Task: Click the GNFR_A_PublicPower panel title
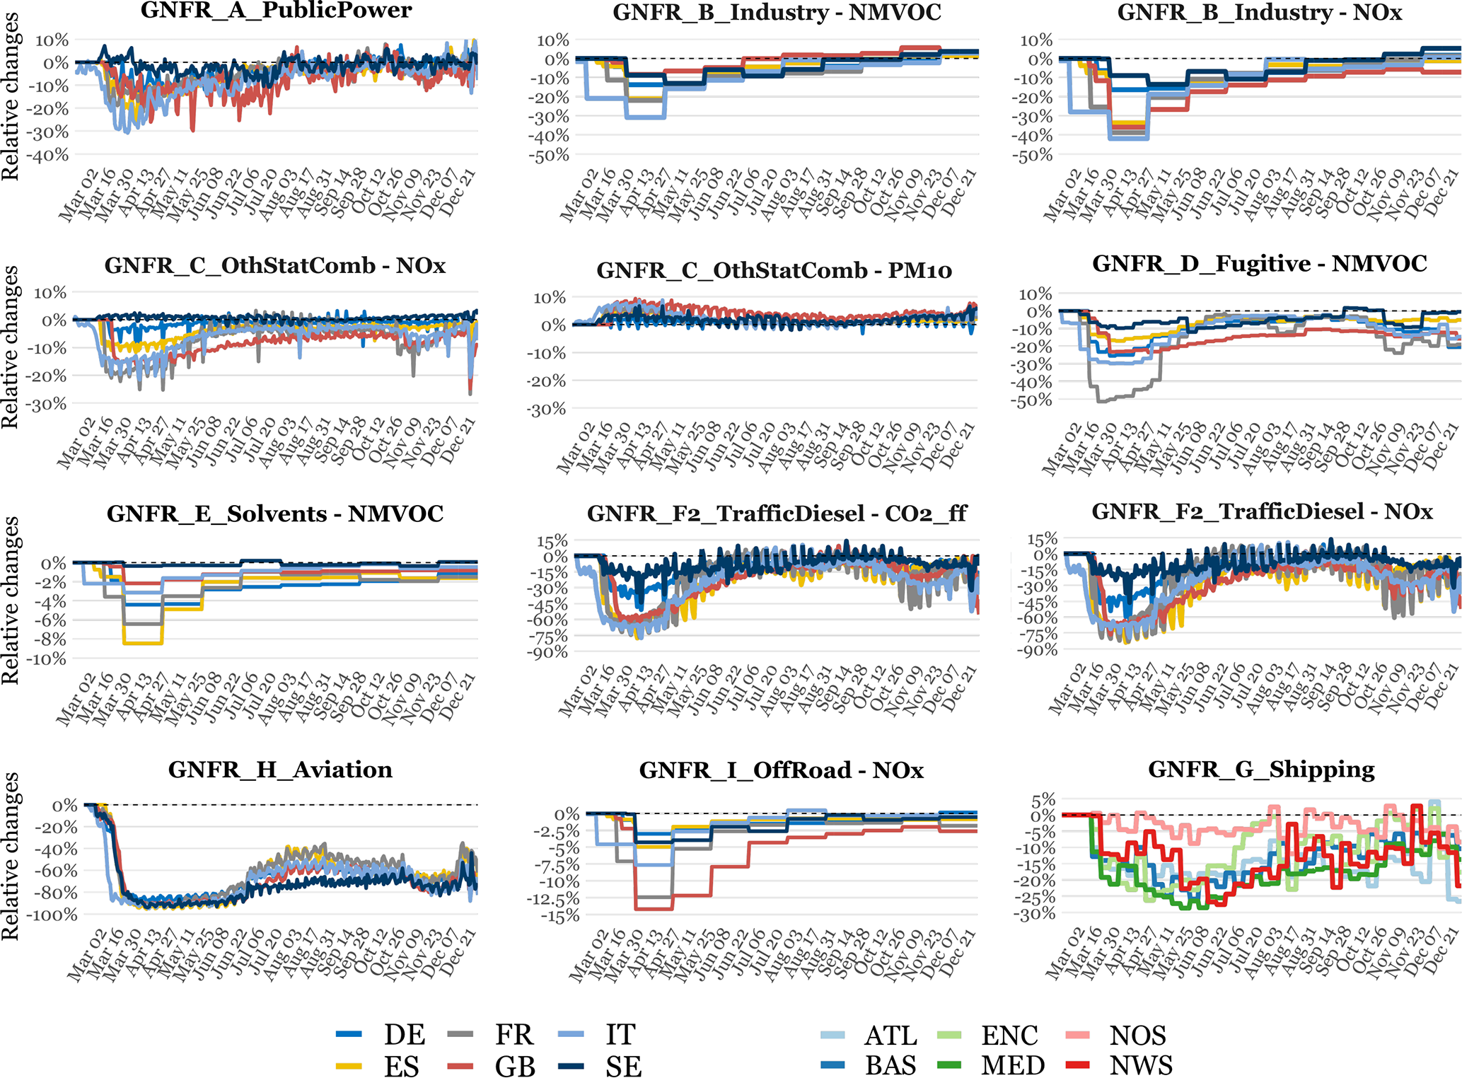(276, 11)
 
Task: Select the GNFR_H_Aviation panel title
(280, 769)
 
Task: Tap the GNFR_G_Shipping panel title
(1261, 769)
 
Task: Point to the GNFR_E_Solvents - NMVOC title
(275, 514)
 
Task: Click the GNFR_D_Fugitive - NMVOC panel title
(1260, 264)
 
